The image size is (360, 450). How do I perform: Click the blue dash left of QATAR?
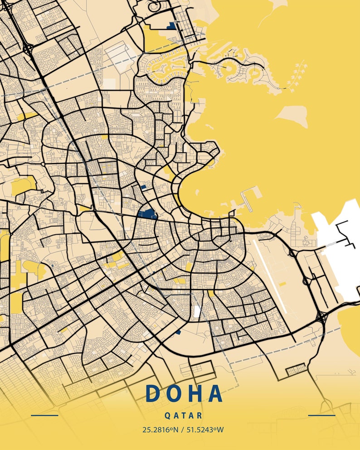[x=44, y=415]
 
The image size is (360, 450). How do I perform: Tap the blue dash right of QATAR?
[x=321, y=415]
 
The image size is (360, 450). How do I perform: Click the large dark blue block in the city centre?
[x=147, y=214]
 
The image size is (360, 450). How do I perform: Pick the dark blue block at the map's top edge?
[x=171, y=26]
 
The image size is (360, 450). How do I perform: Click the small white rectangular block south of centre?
[x=197, y=311]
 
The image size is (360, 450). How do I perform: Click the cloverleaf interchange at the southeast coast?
[x=322, y=318]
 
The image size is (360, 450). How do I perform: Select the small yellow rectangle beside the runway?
[x=282, y=284]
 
